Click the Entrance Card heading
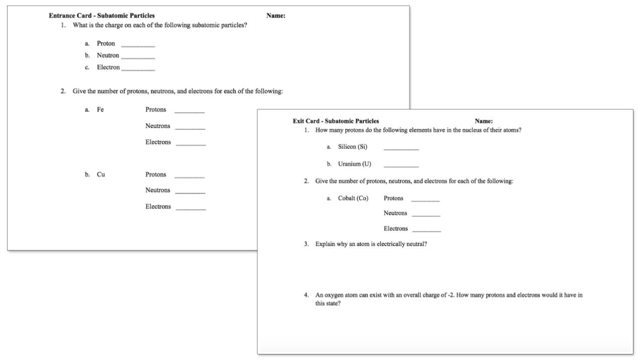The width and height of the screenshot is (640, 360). point(101,16)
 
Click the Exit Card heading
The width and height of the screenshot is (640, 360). point(335,121)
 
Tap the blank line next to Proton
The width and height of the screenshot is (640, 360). point(138,45)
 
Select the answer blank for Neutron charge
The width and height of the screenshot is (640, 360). point(138,57)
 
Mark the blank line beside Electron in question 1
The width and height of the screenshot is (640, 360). point(138,69)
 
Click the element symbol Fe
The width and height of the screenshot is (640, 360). point(100,109)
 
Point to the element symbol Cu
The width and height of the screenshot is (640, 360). point(101,175)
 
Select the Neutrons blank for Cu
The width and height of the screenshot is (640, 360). point(190,192)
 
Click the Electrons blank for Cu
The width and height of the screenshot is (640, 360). point(191,208)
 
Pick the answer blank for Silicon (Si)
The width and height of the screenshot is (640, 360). point(401,149)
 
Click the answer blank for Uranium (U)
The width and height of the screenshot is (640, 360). point(401,166)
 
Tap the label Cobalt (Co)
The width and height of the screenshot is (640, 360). point(353,198)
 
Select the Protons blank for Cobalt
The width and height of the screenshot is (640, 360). point(425,200)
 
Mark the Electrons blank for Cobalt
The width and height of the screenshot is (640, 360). point(427,230)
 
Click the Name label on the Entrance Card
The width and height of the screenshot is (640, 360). point(276,16)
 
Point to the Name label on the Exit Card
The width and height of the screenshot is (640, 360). point(483,121)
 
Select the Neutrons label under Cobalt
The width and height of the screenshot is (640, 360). point(396,213)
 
